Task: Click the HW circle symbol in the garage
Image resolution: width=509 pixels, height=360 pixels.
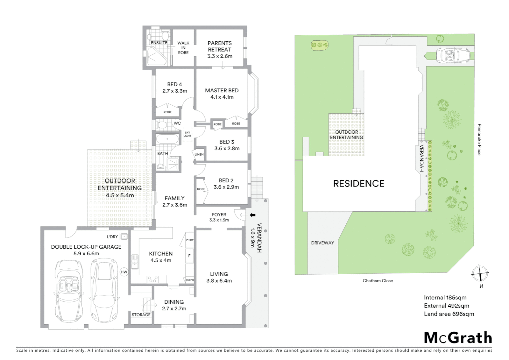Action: tap(124, 272)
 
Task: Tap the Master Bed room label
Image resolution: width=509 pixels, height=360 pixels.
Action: tap(222, 90)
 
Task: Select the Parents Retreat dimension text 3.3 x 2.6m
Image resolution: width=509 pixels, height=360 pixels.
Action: tap(220, 56)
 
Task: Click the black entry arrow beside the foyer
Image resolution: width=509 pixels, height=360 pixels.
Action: tap(253, 215)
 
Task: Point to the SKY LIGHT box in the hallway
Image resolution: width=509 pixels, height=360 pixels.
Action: tap(188, 134)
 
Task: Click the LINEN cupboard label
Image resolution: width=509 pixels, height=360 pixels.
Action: tap(199, 154)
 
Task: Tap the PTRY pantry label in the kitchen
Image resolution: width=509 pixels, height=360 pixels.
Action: tap(190, 240)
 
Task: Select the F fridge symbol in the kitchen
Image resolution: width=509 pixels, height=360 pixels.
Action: tap(190, 256)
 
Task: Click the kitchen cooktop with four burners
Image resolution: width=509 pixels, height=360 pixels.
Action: tap(153, 279)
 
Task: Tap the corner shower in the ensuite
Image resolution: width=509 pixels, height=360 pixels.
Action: tap(155, 56)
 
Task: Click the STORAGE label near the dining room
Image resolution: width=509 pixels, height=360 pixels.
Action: tap(141, 315)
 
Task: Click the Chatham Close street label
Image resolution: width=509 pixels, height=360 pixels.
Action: tap(378, 281)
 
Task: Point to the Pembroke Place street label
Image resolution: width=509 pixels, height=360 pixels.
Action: tap(479, 140)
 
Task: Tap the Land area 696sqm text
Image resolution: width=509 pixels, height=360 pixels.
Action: tap(449, 314)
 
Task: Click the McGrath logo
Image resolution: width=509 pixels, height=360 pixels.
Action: tap(458, 338)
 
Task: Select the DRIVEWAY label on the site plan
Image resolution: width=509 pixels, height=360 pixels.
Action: tap(322, 243)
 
